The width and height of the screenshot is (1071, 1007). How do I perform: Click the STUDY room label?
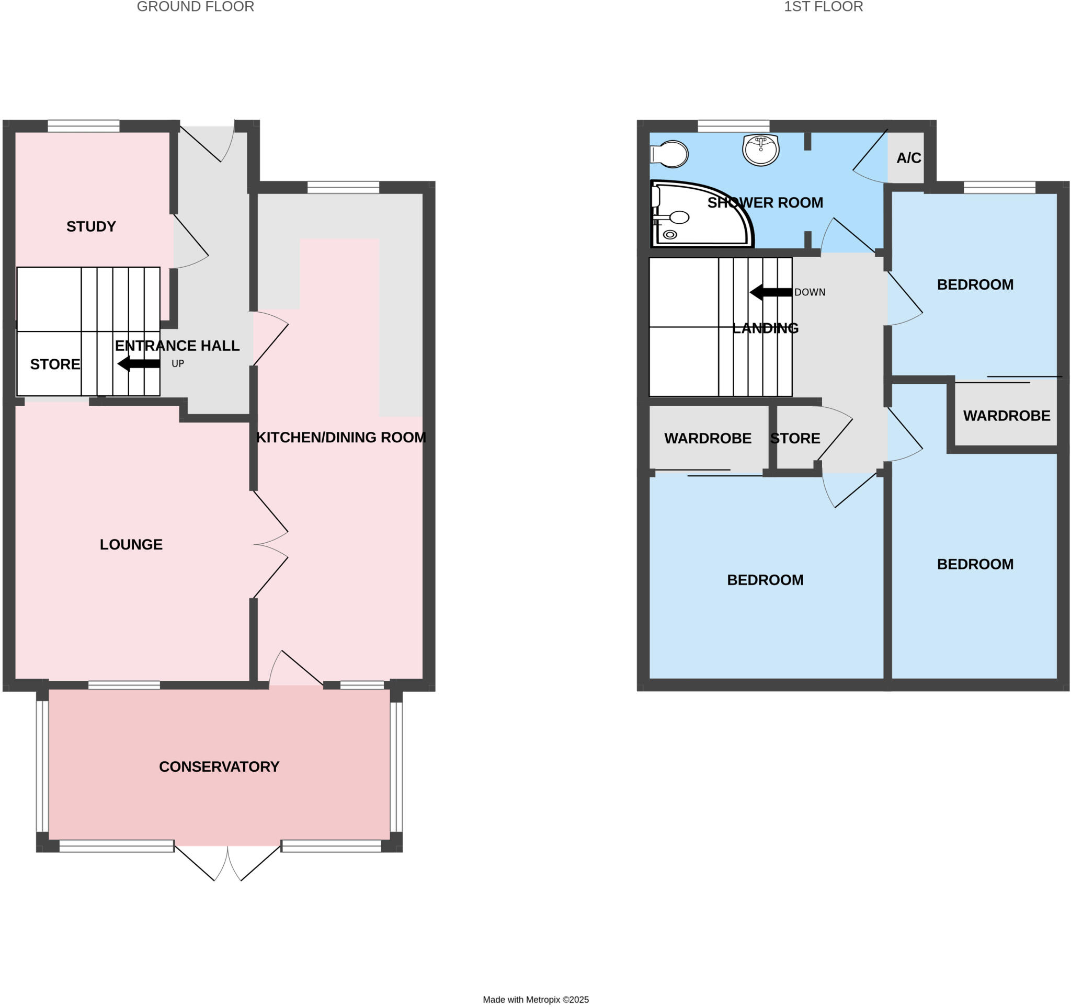[91, 227]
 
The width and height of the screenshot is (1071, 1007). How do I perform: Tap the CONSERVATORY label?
[219, 767]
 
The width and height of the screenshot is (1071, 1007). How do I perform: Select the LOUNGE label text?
[131, 544]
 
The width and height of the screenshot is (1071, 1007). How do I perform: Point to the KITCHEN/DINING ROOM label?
[340, 437]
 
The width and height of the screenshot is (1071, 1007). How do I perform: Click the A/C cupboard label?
[908, 158]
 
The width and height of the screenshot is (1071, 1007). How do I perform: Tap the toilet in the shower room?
[670, 154]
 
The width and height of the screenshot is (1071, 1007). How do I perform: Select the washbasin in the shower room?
[760, 149]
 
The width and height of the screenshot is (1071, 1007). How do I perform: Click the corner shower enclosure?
[695, 215]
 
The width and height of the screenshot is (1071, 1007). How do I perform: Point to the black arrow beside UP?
[139, 363]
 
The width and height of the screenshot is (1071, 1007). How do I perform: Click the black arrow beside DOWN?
[771, 292]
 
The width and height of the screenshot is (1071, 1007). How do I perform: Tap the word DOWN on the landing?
[810, 292]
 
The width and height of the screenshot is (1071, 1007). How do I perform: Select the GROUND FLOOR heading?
[195, 7]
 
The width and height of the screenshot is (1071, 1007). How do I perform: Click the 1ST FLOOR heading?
[823, 7]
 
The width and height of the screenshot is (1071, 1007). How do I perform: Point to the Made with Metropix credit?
[535, 1000]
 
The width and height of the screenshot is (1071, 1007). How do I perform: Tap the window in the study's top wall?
[84, 126]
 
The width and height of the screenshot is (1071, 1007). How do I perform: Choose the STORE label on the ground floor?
[55, 364]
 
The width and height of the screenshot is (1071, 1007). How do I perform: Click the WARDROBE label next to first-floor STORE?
[708, 438]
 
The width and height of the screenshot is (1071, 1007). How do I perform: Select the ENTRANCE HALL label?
[177, 346]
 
